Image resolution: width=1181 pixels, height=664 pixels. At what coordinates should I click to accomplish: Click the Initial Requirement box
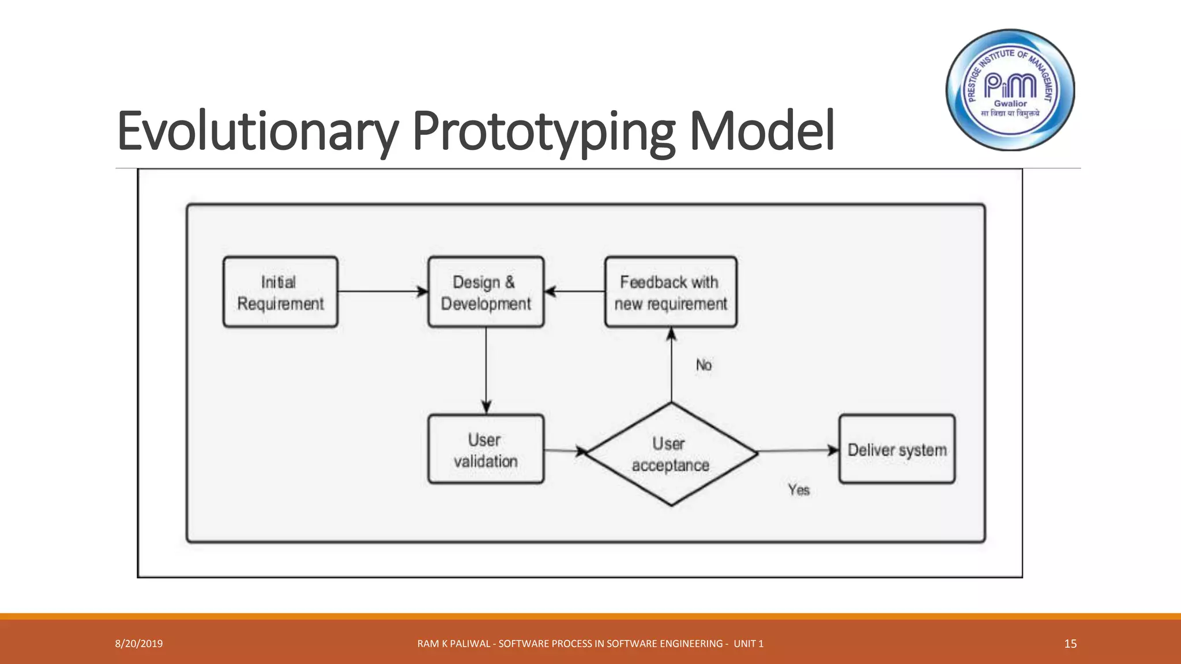pos(280,292)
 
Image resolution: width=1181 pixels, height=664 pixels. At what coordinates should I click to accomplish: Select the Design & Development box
pos(486,292)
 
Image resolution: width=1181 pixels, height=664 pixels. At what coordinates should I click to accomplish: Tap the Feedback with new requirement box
pos(671,292)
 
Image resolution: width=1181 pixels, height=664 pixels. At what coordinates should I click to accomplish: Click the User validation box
pos(486,449)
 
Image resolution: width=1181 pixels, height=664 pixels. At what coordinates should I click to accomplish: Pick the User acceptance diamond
pos(671,454)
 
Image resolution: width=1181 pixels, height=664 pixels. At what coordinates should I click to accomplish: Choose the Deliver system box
pos(897,449)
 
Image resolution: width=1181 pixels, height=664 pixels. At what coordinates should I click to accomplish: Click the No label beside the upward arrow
pos(704,365)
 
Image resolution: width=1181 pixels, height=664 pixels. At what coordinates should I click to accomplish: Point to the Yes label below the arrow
pos(799,490)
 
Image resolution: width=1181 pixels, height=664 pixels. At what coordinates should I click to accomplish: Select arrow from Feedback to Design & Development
pos(574,292)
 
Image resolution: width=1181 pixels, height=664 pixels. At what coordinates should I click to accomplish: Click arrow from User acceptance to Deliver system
pos(798,451)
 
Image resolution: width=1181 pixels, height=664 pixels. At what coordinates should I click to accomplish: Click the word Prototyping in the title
pos(544,131)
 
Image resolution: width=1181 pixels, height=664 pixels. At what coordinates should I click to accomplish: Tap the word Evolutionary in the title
pos(257,131)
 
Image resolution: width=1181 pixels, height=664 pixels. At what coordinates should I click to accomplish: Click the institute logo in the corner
pos(1010,90)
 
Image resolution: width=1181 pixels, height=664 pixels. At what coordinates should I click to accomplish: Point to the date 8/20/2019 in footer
pos(139,644)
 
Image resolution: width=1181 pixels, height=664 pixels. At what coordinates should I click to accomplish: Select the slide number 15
pos(1070,644)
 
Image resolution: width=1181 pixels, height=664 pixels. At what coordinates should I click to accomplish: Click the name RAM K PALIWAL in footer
pos(454,644)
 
